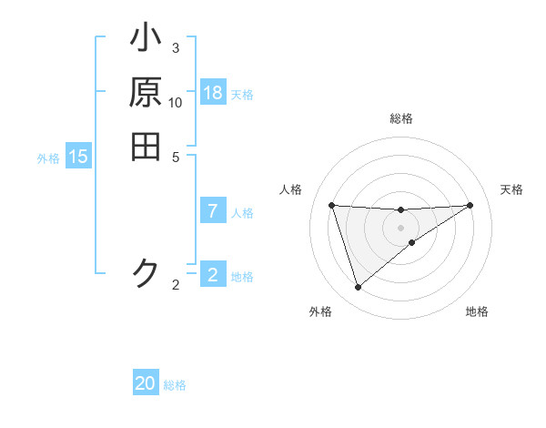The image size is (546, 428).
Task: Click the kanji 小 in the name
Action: [x=146, y=41]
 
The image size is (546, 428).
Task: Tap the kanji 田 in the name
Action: [x=146, y=147]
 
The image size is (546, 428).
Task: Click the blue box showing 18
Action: [x=213, y=93]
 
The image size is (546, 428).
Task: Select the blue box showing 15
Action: [x=78, y=157]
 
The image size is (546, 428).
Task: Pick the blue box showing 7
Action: [x=213, y=211]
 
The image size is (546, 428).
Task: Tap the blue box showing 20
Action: [x=146, y=383]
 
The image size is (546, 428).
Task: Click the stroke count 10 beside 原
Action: [x=176, y=102]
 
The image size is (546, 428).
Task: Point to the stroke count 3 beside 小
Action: [x=176, y=47]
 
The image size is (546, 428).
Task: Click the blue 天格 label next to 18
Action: [x=241, y=95]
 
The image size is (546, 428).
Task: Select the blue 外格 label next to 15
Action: [x=48, y=158]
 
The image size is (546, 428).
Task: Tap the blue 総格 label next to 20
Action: [x=175, y=385]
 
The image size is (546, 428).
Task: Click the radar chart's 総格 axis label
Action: [x=400, y=118]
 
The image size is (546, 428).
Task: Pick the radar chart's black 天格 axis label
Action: [x=511, y=189]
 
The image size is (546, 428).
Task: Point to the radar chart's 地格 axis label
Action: [x=477, y=311]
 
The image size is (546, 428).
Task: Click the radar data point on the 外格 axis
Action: [x=358, y=288]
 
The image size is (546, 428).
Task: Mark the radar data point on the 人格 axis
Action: [x=331, y=205]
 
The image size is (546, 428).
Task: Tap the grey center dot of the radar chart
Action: [x=400, y=228]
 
